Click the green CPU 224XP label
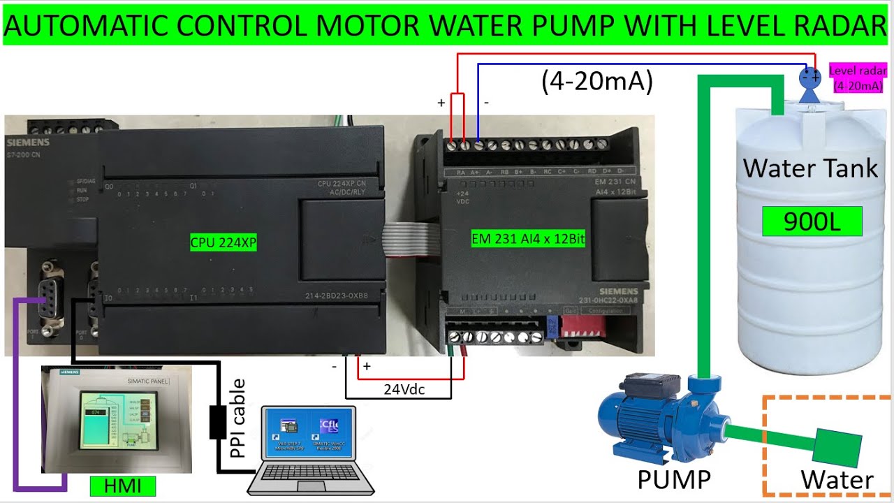(223, 243)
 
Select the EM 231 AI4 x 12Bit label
(528, 239)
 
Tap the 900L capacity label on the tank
(812, 221)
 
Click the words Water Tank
(810, 168)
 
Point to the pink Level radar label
(858, 78)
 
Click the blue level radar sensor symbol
(809, 82)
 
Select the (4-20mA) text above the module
(596, 82)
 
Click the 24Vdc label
(404, 389)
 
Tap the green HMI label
(122, 486)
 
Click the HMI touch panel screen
(116, 419)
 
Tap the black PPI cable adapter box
(218, 422)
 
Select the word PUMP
(673, 480)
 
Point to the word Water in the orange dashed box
(837, 481)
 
